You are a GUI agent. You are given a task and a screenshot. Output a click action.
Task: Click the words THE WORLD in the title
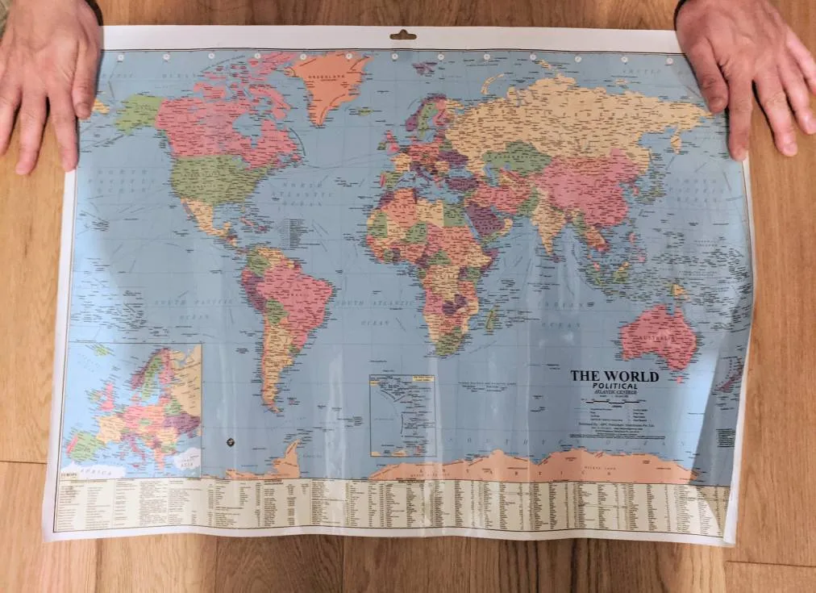pos(614,376)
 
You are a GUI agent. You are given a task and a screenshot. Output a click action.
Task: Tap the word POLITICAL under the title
pos(614,387)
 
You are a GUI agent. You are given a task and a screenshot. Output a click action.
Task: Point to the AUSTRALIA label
pos(657,335)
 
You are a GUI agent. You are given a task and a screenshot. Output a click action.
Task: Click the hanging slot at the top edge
pos(403,35)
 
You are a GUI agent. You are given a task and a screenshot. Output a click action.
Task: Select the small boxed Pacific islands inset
pos(402,415)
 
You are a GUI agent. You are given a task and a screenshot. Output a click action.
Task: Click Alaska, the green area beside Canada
pos(138,113)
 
